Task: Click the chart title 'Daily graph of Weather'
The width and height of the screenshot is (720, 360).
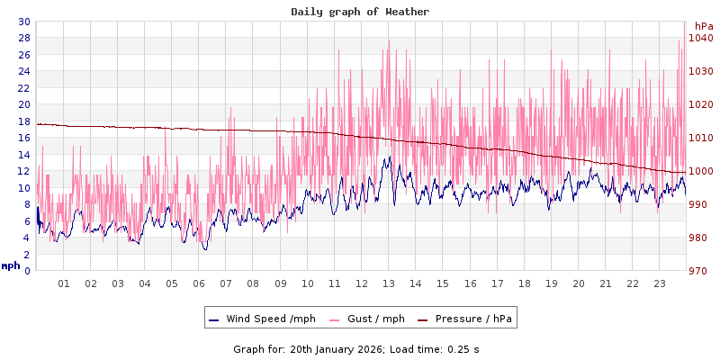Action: [360, 12]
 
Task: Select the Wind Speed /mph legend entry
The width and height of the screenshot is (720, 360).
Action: [261, 319]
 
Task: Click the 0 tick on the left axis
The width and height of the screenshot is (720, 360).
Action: [27, 271]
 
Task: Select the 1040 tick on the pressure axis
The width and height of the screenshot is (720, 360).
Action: [701, 38]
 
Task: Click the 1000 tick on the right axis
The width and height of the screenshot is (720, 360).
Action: [701, 171]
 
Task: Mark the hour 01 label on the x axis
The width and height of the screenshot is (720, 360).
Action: [64, 283]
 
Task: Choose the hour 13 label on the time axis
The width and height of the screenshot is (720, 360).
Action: [389, 283]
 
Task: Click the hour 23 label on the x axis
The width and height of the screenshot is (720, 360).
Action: [660, 283]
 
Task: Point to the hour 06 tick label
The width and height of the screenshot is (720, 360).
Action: [199, 283]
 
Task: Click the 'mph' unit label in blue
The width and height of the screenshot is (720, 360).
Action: [11, 265]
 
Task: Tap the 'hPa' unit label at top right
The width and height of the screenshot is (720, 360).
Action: [703, 26]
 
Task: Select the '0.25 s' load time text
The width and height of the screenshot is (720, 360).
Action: [464, 349]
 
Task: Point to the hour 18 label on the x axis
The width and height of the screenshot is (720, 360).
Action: [525, 283]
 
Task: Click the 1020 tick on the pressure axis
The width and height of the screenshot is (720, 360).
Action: [701, 104]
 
